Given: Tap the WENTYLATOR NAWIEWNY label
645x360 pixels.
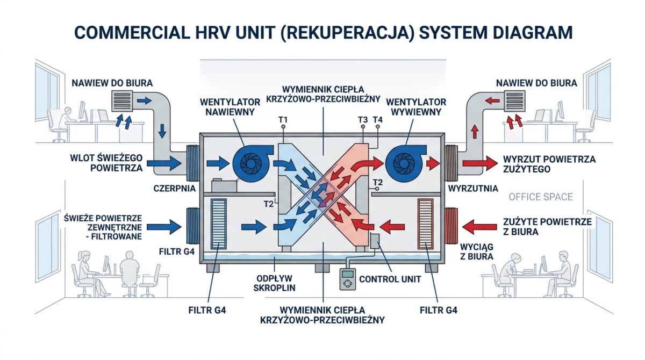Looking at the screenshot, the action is coord(230,107).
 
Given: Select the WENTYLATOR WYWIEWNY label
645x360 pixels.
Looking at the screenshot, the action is coord(416,107).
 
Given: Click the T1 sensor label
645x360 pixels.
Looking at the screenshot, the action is coord(283,120).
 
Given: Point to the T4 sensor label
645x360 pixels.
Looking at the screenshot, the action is coord(377,120).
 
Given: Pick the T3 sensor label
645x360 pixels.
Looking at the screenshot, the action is coord(363,120).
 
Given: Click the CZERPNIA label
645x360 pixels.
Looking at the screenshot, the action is coord(175,189).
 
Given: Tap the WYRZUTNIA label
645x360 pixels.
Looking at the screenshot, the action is coord(473,189).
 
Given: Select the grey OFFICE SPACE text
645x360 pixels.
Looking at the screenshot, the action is coord(541,197).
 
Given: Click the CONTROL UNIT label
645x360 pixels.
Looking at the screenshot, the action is coord(390,279).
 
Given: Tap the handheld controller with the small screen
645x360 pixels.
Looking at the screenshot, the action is coord(348,279).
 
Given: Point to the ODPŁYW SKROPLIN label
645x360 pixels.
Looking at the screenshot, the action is coord(275,283).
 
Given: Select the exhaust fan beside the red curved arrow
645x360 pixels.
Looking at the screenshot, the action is coord(405,163).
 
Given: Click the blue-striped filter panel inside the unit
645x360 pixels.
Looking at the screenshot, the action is coord(219,224).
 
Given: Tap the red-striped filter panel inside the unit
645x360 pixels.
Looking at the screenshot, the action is coord(425,224).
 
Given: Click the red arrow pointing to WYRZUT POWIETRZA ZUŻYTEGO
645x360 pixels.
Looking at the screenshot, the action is coord(479,163).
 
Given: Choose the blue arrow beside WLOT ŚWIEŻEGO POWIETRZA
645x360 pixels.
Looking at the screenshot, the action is coord(164,163).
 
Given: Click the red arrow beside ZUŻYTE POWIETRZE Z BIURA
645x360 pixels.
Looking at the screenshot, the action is coord(479,227).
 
